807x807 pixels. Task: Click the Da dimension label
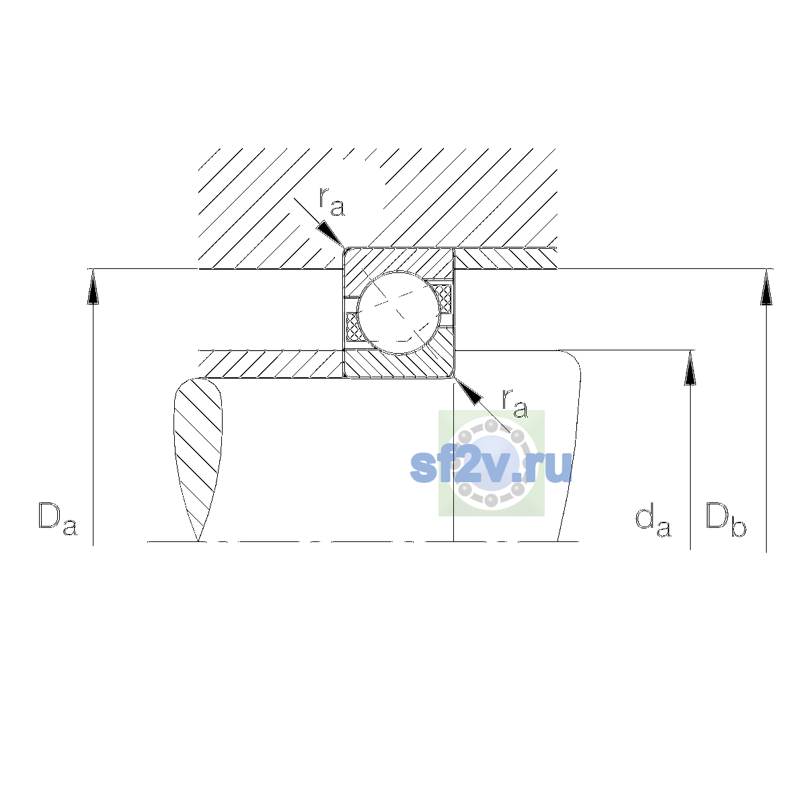click(x=58, y=518)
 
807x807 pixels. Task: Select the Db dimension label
click(x=726, y=519)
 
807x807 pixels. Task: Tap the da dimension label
click(x=653, y=521)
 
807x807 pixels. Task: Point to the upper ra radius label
click(x=332, y=202)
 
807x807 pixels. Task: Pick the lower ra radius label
click(x=515, y=403)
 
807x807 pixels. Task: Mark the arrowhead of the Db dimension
click(x=767, y=287)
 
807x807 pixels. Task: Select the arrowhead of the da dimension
click(x=690, y=368)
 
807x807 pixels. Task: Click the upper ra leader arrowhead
click(x=331, y=235)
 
